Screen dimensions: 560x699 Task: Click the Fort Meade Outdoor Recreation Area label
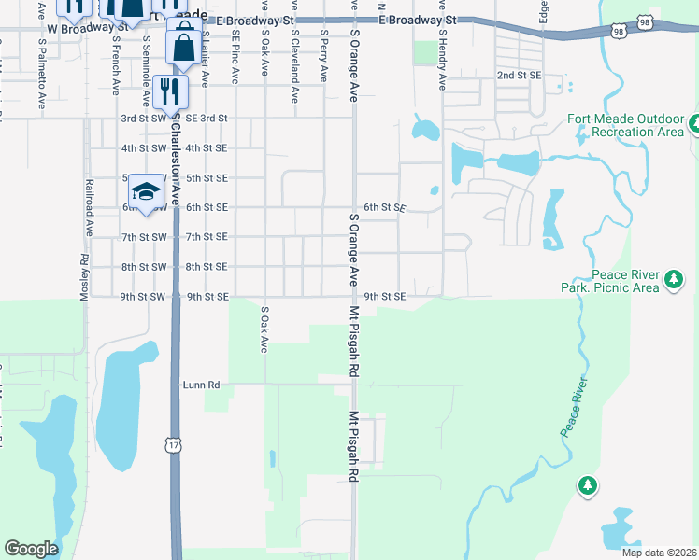(x=625, y=126)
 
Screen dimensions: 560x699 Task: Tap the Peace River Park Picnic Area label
(x=625, y=281)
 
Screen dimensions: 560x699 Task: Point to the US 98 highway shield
(x=619, y=32)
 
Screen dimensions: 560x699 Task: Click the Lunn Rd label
(x=201, y=384)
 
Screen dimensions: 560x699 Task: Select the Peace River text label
(x=575, y=407)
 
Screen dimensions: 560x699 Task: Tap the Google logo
(x=32, y=549)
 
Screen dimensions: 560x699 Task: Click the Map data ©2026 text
(x=658, y=553)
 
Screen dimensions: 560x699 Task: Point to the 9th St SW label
(x=144, y=297)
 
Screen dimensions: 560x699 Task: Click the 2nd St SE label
(x=519, y=75)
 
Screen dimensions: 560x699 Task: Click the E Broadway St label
(x=418, y=20)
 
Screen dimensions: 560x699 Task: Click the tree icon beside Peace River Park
(x=673, y=279)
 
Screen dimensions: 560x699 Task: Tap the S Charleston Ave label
(x=173, y=140)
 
